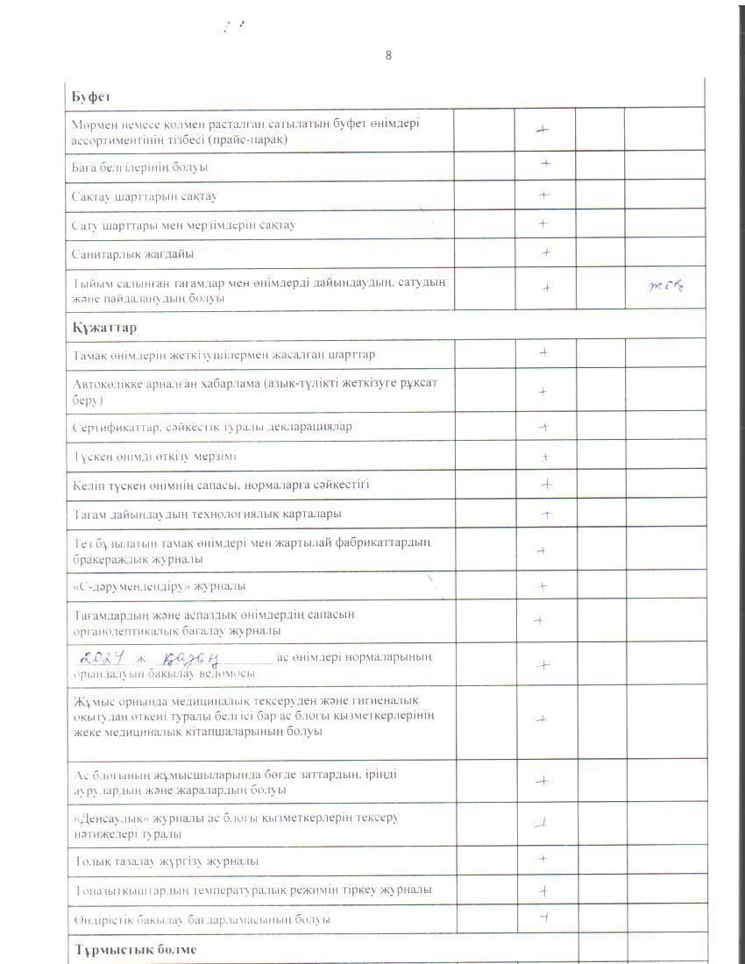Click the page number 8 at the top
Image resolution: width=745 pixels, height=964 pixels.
tap(388, 56)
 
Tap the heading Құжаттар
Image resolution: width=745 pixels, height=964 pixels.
tap(103, 327)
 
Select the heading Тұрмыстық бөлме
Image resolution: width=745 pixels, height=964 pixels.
tap(134, 949)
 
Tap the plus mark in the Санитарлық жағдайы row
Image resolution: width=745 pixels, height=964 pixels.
tap(545, 252)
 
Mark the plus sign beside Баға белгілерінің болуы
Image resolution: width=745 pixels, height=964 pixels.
tap(544, 163)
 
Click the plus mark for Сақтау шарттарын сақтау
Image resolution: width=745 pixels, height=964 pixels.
tap(543, 195)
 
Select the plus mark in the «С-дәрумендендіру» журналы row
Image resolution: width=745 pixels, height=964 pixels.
tap(543, 585)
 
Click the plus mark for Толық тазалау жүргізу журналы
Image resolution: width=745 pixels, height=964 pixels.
tap(543, 859)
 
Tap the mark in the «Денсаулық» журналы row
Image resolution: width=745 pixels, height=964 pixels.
tap(542, 822)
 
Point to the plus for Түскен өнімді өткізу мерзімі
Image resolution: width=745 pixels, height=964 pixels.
tap(544, 457)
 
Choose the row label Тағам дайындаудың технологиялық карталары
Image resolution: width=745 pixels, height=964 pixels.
tap(207, 513)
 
